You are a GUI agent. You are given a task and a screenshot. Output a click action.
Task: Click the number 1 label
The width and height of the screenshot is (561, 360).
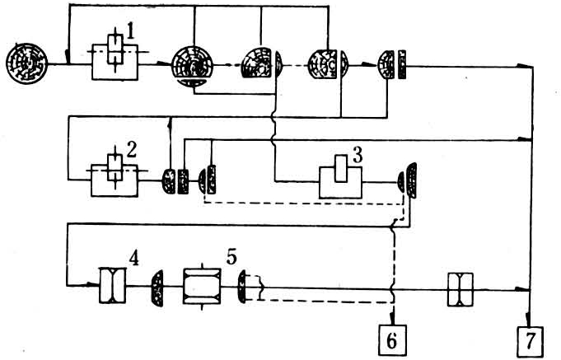point(130,33)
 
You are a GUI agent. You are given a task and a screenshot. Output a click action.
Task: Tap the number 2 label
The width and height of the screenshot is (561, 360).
point(131,150)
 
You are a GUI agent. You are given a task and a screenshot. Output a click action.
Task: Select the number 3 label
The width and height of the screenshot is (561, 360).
point(357,156)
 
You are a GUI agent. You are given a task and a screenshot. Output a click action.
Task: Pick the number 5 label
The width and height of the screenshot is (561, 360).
point(231,257)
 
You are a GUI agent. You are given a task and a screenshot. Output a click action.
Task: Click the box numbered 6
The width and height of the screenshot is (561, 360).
point(392,341)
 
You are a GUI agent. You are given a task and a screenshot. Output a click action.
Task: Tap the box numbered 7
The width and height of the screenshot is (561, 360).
point(531,341)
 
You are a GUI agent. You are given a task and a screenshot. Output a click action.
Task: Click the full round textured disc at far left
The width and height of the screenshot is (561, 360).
point(27,63)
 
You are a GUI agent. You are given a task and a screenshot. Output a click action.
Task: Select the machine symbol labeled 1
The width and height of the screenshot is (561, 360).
point(115,58)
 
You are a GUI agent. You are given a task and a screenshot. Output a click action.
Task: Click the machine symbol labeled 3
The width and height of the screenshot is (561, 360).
point(340,177)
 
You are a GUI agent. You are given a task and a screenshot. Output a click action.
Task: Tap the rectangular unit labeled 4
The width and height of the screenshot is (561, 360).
point(112,286)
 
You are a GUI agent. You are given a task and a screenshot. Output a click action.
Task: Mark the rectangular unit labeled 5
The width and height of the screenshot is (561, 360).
point(202,286)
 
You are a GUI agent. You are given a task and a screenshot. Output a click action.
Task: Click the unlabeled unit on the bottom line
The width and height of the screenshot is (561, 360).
point(460,289)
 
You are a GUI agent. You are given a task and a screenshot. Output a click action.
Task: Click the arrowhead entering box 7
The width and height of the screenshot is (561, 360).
point(528,320)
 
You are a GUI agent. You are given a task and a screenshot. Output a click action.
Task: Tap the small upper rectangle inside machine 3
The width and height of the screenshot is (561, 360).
point(341,169)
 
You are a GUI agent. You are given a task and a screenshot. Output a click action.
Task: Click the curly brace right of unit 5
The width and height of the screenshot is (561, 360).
point(261,287)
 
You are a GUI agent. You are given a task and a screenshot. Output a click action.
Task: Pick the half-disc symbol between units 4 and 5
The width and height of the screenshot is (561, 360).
point(157,288)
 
